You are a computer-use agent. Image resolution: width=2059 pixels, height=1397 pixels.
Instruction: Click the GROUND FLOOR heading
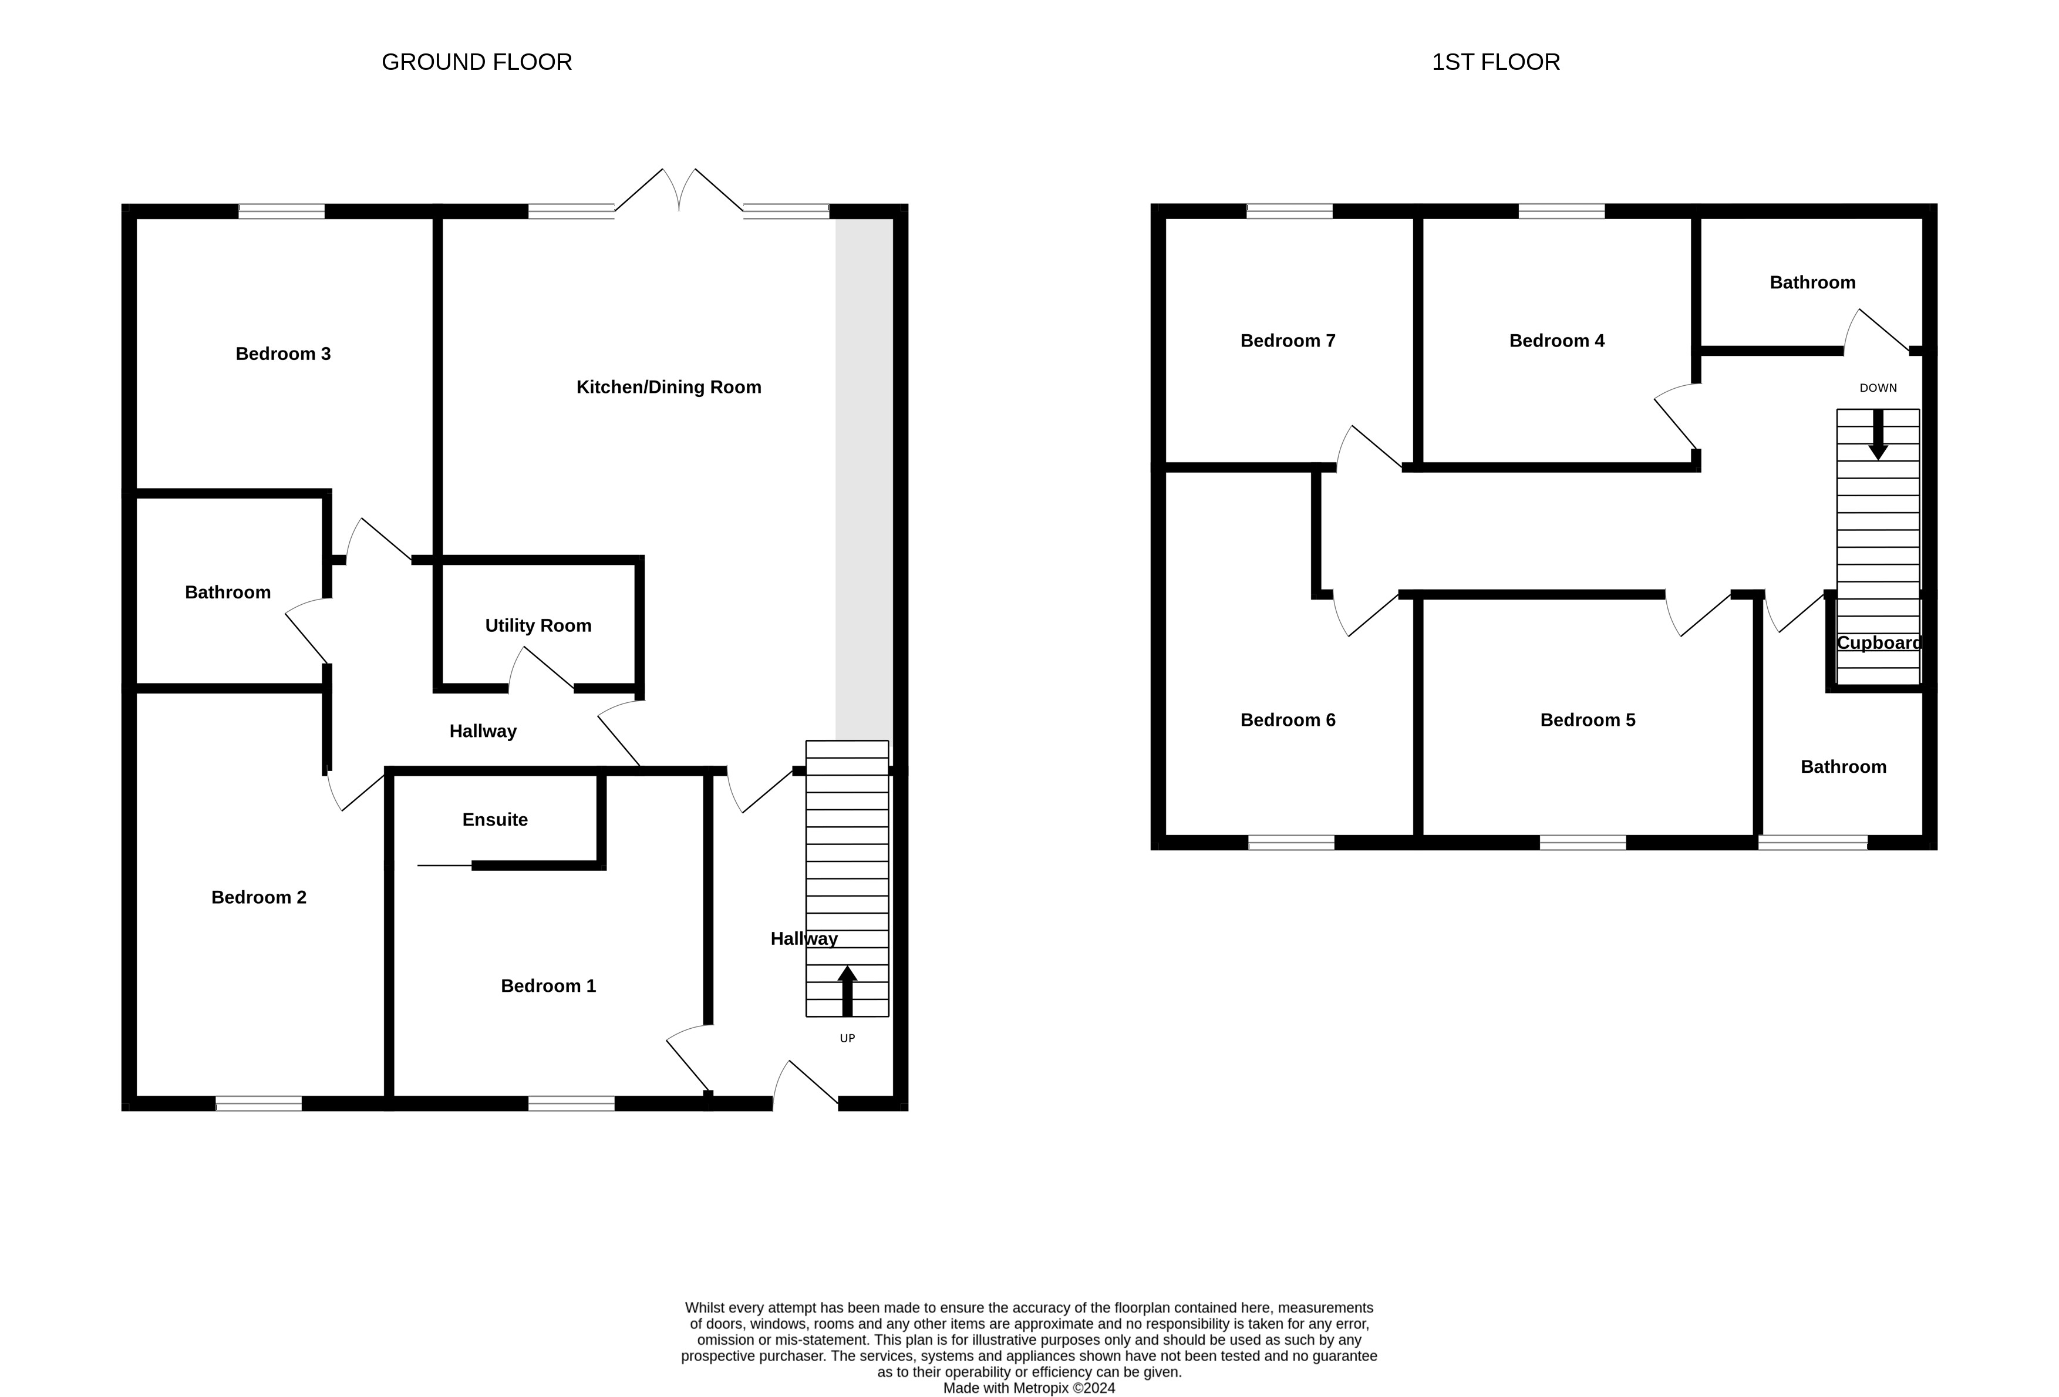477,62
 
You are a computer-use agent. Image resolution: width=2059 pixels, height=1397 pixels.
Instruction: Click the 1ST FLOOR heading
1495,62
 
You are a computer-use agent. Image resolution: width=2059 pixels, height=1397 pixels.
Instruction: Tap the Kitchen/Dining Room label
669,387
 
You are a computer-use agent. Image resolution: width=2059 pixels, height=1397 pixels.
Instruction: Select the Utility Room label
538,625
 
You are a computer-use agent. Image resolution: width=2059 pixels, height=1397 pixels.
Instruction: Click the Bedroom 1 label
548,986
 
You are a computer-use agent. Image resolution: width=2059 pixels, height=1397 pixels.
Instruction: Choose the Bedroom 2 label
259,897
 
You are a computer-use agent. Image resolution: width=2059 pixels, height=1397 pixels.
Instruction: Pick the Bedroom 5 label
1588,720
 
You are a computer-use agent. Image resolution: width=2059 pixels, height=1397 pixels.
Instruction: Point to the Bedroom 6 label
1288,720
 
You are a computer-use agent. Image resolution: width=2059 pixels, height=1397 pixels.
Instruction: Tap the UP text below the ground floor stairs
847,1038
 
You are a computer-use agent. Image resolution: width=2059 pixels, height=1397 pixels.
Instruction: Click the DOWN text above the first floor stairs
1878,388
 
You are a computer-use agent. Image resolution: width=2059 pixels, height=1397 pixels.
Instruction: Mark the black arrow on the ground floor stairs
847,991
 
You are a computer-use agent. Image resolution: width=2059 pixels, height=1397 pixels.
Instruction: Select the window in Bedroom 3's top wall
282,211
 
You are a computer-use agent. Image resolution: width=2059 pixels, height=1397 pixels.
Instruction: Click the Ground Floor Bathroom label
228,593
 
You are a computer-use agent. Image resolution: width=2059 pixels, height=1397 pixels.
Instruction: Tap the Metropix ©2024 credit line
1029,1388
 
